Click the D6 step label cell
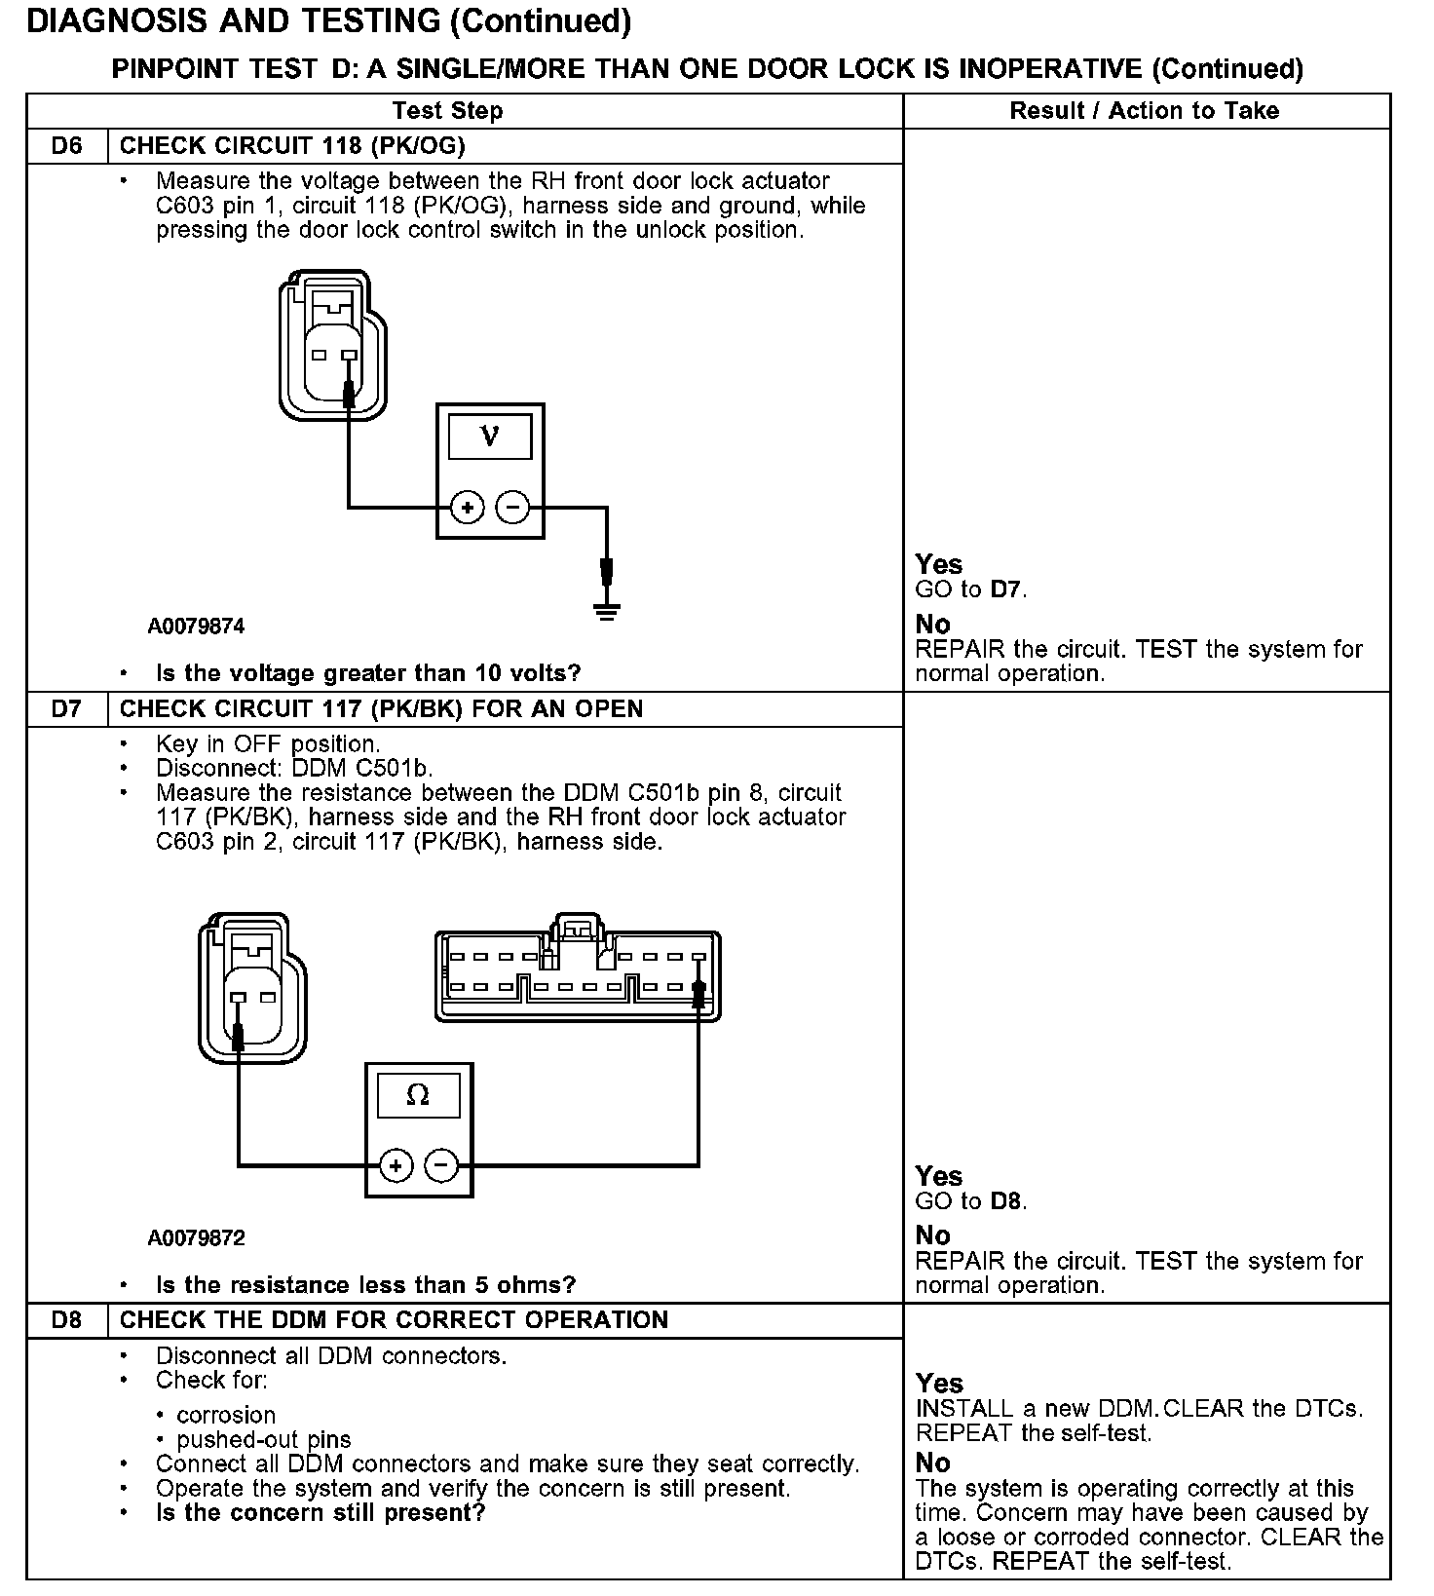(66, 146)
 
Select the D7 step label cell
(66, 709)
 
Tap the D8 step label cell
(66, 1320)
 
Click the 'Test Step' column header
(447, 111)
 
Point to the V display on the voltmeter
(490, 437)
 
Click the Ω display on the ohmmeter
(418, 1096)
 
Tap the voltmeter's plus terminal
(468, 508)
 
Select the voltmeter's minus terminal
(513, 508)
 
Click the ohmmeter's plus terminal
(396, 1165)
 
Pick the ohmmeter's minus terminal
(441, 1165)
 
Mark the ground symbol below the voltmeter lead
(607, 611)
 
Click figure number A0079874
(196, 627)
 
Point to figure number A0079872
(196, 1238)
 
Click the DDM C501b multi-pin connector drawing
(578, 974)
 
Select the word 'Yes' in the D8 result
(939, 1384)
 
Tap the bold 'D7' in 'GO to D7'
(1007, 589)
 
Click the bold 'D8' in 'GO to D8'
(1007, 1201)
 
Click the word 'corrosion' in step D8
(226, 1415)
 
